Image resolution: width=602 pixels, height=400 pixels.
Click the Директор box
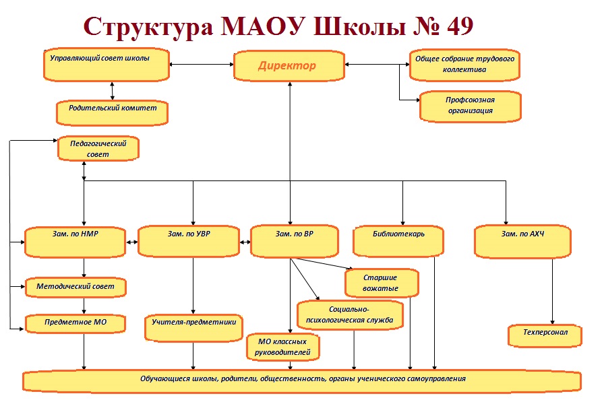tap(289, 65)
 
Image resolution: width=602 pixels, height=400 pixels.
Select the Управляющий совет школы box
tap(107, 65)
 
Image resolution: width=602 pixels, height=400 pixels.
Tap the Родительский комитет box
tap(112, 112)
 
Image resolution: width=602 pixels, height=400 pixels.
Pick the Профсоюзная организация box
tap(471, 106)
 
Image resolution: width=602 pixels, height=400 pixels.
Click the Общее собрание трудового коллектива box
tap(464, 65)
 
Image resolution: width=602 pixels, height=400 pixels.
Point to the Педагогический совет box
tap(98, 148)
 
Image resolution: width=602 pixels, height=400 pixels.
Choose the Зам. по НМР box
tap(76, 242)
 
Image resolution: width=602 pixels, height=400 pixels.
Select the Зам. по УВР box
tap(189, 241)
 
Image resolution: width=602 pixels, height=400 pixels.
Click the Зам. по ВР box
tap(294, 241)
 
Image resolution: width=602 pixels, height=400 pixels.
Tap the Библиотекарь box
tap(398, 241)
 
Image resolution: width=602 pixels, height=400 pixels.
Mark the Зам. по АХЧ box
tap(522, 242)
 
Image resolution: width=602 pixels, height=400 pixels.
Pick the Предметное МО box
tap(76, 324)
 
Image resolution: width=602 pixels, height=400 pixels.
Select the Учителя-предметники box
tap(194, 329)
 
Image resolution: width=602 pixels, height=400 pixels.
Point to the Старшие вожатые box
tap(382, 283)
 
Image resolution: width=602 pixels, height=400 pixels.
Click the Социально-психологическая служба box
tap(350, 315)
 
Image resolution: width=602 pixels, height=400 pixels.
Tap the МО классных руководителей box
tap(283, 347)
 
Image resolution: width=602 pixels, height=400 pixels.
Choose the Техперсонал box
tap(545, 336)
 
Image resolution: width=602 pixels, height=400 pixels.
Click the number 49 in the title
tap(460, 26)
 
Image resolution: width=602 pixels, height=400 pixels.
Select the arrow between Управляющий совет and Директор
tap(202, 65)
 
